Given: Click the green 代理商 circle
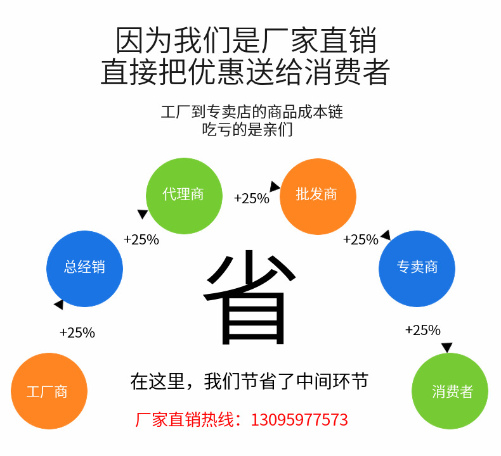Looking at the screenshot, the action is coord(184,195).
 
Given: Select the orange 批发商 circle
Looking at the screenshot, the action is coord(317,195).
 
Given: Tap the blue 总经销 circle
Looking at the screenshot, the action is coord(84,268).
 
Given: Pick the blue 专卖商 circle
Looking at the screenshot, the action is coord(417,268).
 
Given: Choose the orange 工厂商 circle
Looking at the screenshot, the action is coord(49,391).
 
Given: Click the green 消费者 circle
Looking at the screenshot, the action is coord(450,391).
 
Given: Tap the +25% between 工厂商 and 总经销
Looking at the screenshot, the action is coord(77,332).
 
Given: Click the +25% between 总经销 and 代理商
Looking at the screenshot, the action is coord(141,240).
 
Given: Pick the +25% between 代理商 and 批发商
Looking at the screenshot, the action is coord(251,199).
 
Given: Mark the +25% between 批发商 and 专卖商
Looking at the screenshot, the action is coord(360,240).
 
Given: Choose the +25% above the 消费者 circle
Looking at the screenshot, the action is coord(422,330).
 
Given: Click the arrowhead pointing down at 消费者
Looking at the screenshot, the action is coord(446,348).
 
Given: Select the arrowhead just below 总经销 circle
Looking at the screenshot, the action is coord(59,305).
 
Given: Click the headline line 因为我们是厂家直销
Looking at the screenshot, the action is coord(246,41).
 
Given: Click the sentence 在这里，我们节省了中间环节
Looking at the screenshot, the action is coord(249,381).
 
